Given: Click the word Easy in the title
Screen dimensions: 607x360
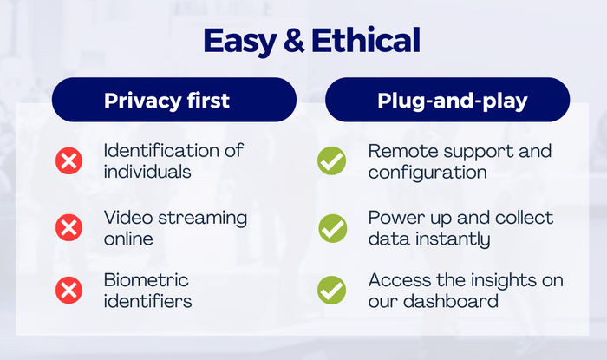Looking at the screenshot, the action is pyautogui.click(x=239, y=41).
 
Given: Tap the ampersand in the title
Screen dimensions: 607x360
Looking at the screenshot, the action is pyautogui.click(x=294, y=40).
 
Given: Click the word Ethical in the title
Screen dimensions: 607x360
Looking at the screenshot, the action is pyautogui.click(x=366, y=40).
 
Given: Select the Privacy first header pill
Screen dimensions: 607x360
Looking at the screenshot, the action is pyautogui.click(x=174, y=100).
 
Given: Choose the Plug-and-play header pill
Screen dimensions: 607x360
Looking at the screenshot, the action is pyautogui.click(x=447, y=100).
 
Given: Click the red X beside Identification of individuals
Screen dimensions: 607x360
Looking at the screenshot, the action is pyautogui.click(x=69, y=160).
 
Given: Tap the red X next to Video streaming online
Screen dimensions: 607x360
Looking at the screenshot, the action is pyautogui.click(x=69, y=227).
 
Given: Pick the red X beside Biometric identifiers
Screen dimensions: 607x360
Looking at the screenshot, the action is pyautogui.click(x=69, y=290).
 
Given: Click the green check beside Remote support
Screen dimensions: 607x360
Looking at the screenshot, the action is pyautogui.click(x=332, y=160).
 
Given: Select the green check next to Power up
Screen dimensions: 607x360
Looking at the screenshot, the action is pyautogui.click(x=333, y=228).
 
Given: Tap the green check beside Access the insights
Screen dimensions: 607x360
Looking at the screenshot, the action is pyautogui.click(x=332, y=290).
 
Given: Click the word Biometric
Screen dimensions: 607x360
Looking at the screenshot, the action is pyautogui.click(x=146, y=280).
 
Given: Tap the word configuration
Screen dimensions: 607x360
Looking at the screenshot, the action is pyautogui.click(x=428, y=173).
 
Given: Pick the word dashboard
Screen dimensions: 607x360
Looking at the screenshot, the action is pyautogui.click(x=451, y=301).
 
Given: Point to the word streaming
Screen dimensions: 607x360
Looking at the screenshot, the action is pyautogui.click(x=202, y=219).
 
